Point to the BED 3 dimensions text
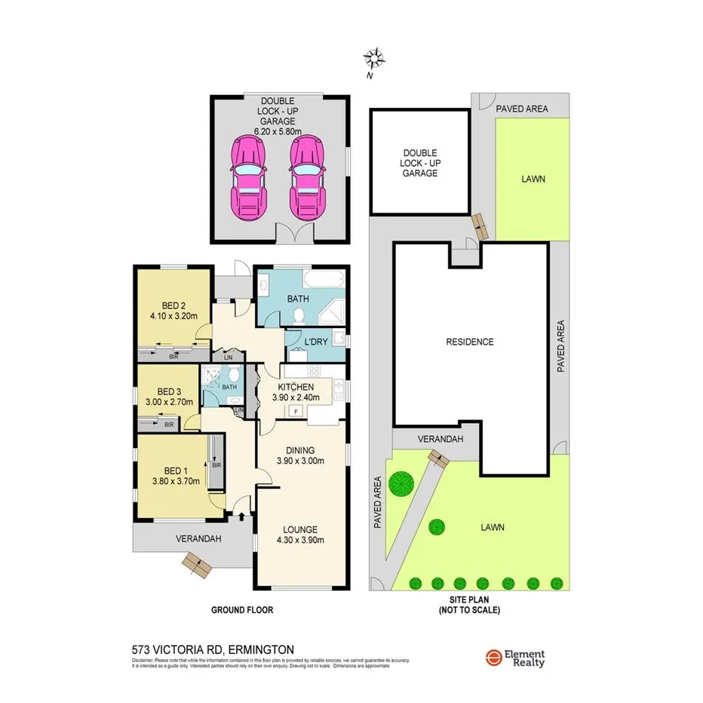(x=170, y=402)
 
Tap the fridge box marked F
(x=296, y=411)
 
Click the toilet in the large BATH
(x=299, y=315)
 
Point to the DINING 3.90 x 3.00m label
(x=301, y=455)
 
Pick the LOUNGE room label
(x=301, y=530)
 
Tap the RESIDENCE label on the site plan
(x=468, y=342)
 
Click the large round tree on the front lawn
(x=402, y=480)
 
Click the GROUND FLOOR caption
(x=241, y=610)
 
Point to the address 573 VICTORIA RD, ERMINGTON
(x=213, y=649)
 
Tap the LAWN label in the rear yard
(x=533, y=179)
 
